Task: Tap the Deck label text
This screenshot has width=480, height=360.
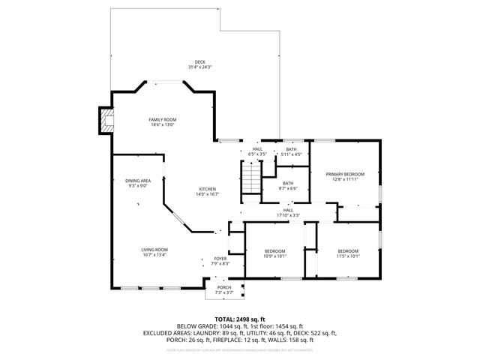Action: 199,62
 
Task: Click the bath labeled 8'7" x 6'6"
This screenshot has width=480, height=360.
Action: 288,185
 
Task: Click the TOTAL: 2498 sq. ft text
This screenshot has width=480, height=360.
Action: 239,319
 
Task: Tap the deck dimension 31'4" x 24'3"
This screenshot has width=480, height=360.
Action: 199,68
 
